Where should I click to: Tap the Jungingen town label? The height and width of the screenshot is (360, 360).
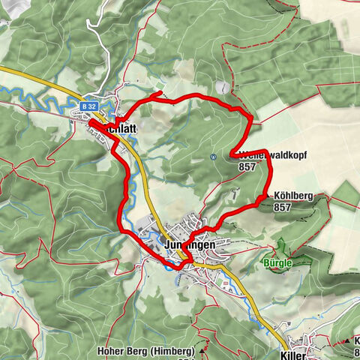tap(189, 244)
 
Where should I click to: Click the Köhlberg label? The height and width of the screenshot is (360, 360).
tap(293, 195)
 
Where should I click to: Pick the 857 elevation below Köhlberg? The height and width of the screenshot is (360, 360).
tap(283, 207)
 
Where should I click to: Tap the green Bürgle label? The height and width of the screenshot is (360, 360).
tap(278, 263)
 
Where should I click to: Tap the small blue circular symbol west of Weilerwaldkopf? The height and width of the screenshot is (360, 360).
tap(214, 157)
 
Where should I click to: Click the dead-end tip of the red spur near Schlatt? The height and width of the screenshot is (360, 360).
tap(163, 93)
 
